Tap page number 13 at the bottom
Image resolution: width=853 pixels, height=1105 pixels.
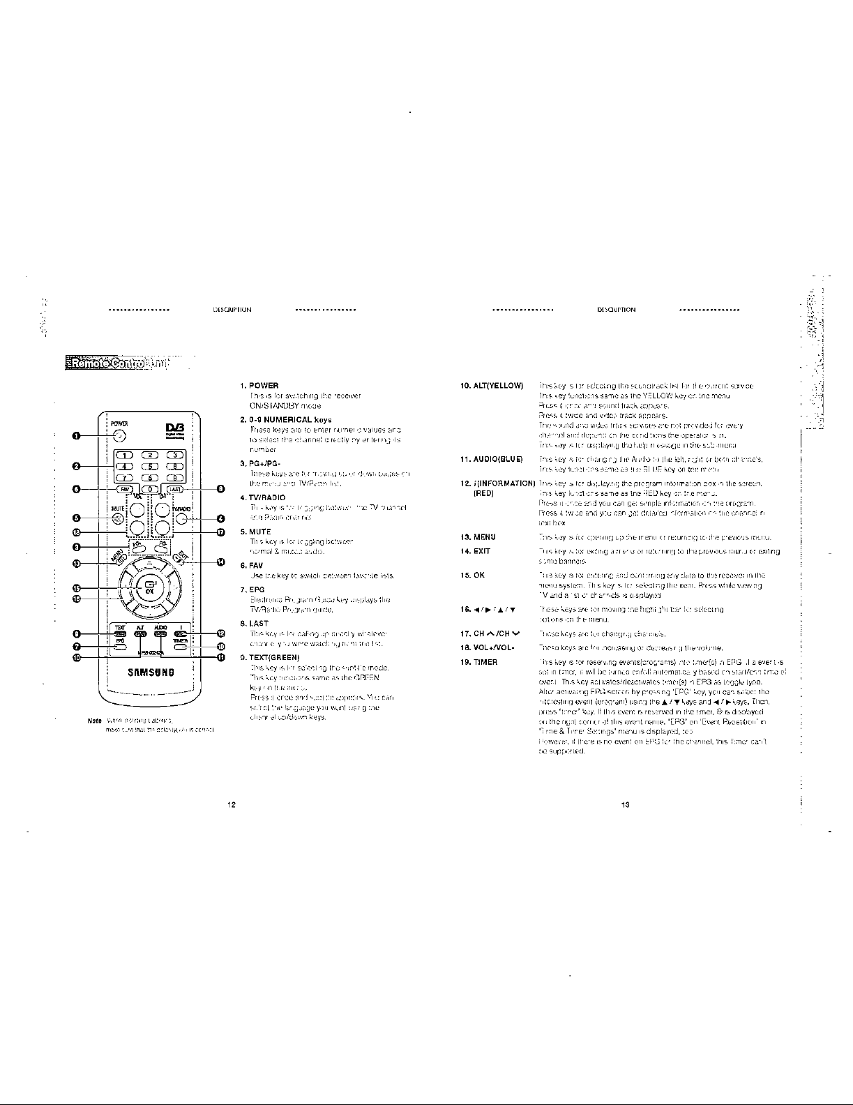point(626,804)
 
